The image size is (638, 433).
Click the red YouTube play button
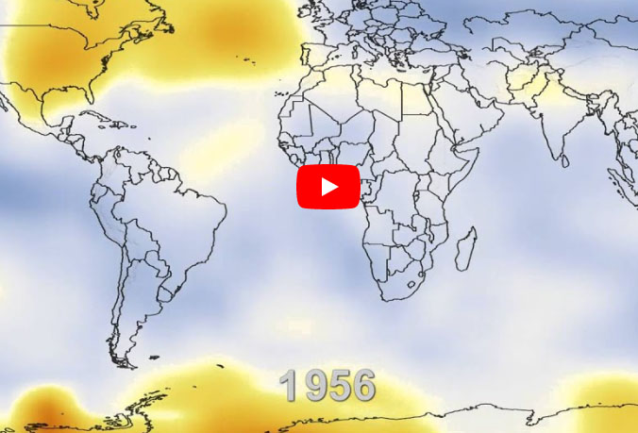click(x=327, y=187)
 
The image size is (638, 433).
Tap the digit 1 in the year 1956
click(x=290, y=386)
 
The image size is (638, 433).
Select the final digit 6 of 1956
click(x=362, y=386)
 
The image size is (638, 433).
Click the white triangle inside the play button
click(x=329, y=187)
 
